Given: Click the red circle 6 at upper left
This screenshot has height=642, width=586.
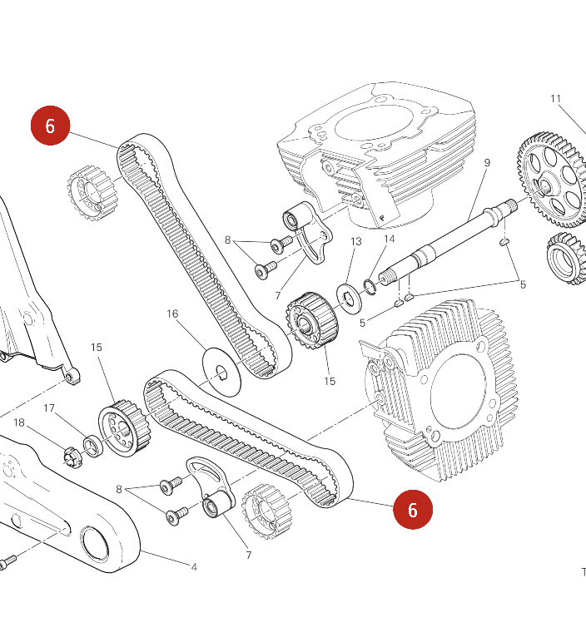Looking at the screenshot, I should pos(50,126).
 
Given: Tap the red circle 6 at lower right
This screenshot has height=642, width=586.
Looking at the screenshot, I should pos(413,509).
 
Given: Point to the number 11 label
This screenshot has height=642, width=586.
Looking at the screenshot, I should pos(556,99).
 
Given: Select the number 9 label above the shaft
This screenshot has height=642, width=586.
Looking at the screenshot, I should pos(487,162).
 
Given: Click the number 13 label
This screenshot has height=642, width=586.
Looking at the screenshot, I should pos(356,242).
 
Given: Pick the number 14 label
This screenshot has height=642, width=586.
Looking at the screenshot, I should pos(389,240).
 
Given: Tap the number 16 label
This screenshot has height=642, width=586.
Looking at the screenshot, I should pos(172,314).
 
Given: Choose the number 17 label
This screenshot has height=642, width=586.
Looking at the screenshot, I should pos(49,408).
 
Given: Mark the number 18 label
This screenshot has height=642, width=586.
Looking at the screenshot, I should pos(19,423).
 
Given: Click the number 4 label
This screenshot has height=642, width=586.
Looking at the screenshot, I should pos(194,567).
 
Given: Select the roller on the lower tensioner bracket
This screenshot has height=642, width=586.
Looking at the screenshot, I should pos(216,503).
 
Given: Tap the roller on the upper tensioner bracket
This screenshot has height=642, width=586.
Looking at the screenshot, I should pos(292,220).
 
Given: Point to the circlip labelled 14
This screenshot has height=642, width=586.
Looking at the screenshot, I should pos(369,289).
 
